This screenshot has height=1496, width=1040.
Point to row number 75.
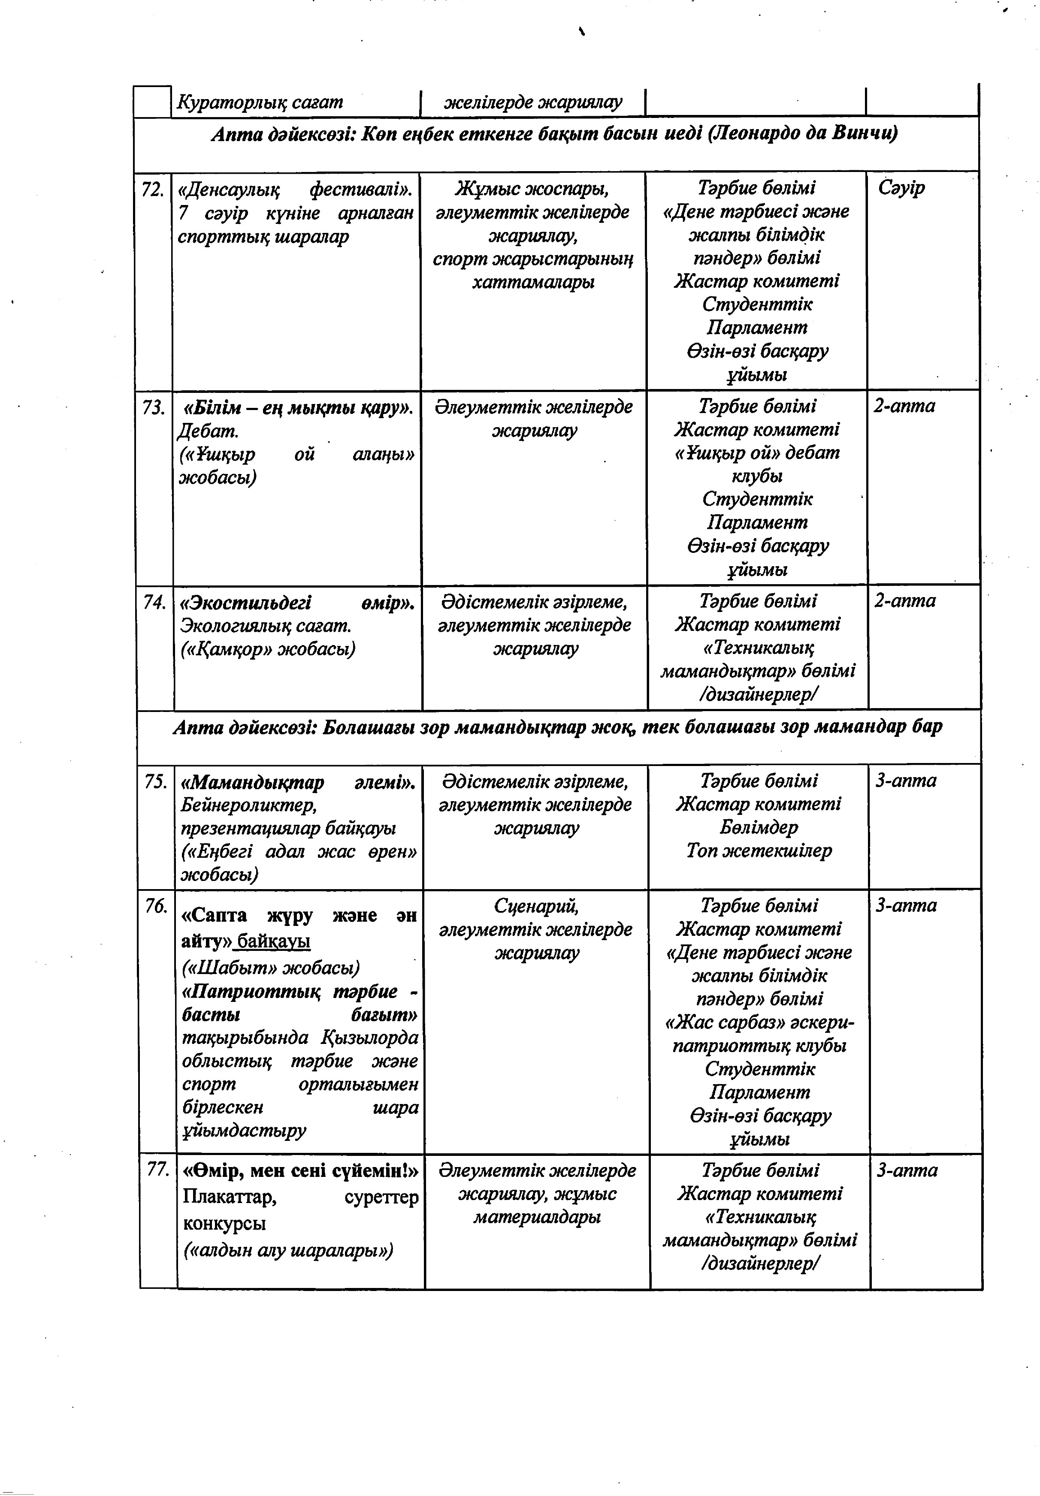156,781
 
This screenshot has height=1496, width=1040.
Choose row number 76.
157,906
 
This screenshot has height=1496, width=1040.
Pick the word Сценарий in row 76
536,906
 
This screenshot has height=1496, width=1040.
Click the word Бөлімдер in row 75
759,828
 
